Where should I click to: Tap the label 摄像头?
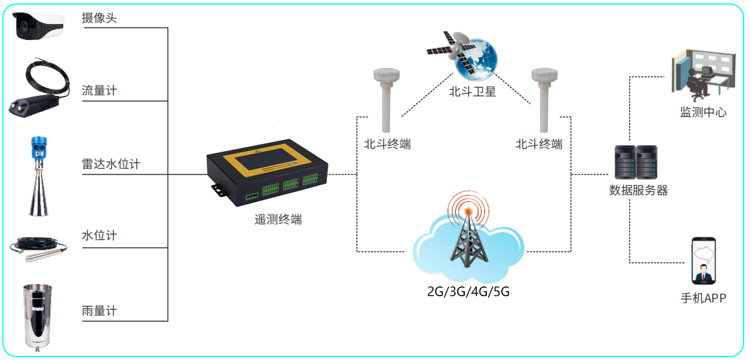pyautogui.click(x=99, y=18)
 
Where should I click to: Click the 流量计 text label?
pyautogui.click(x=99, y=91)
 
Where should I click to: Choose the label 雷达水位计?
pyautogui.click(x=111, y=164)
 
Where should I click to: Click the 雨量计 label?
pyautogui.click(x=99, y=311)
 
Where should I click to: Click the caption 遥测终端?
pyautogui.click(x=278, y=219)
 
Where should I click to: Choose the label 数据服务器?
pyautogui.click(x=638, y=190)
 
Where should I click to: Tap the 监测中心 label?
pyautogui.click(x=703, y=112)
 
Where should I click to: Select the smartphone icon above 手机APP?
pyautogui.click(x=703, y=261)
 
